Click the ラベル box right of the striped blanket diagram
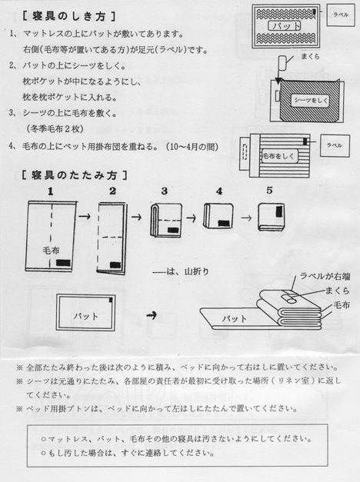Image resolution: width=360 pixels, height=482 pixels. click(334, 144)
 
